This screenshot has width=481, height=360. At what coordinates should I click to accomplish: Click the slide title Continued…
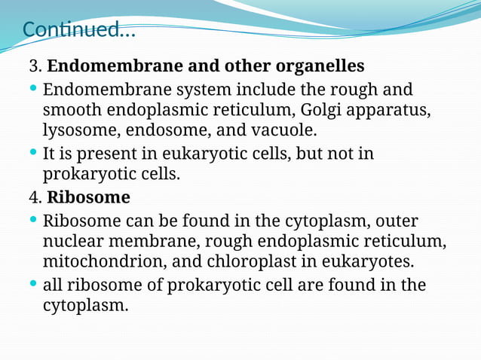[x=79, y=30]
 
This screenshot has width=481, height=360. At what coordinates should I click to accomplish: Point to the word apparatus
[x=393, y=111]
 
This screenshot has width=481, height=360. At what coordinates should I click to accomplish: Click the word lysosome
[x=79, y=130]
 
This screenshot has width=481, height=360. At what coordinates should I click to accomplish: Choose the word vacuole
[x=283, y=130]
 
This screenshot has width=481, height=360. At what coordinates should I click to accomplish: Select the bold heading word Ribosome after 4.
[x=88, y=198]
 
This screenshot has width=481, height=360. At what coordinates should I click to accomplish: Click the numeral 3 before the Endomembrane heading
[x=34, y=66]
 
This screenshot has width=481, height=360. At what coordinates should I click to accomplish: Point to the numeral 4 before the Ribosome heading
[x=34, y=198]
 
